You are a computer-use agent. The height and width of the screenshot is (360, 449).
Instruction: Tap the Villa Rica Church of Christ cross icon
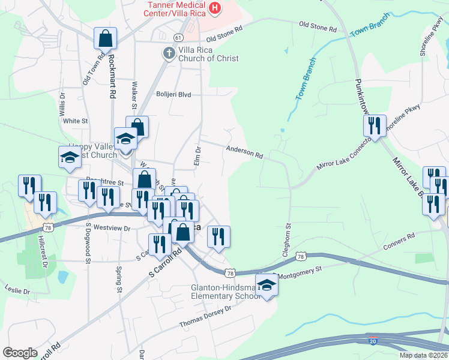point(169,53)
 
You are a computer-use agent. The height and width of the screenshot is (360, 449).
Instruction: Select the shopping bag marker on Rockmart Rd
point(106,39)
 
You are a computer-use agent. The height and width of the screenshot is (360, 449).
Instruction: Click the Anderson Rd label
point(244,152)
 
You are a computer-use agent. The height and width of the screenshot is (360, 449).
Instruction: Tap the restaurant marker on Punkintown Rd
point(374,126)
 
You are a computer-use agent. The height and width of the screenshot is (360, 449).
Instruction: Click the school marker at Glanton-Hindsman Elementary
point(267,284)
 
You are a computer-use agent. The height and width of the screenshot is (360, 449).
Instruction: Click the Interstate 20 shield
point(373,341)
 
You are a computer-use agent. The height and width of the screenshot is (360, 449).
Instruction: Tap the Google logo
point(20,352)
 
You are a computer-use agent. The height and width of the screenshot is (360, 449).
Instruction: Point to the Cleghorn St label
point(288,241)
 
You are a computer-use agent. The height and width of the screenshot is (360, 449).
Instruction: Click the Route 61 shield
point(178,37)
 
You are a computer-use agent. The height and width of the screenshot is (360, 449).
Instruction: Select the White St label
point(76,121)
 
